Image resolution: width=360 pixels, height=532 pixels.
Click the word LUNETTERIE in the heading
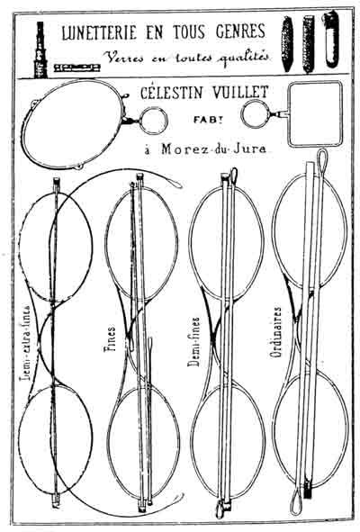click(99, 32)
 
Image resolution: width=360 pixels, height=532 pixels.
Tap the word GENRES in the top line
click(240, 31)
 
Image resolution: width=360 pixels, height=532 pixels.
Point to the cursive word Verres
click(124, 58)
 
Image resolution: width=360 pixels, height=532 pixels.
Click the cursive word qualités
click(244, 59)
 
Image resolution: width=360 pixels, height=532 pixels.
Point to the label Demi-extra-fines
click(26, 343)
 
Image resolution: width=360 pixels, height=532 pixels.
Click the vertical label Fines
click(109, 339)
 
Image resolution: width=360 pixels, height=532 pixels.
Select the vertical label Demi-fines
click(193, 342)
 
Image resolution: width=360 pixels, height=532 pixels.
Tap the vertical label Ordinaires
click(276, 332)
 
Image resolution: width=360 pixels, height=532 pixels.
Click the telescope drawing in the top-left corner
click(40, 50)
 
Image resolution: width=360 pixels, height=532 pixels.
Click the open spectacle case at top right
click(331, 39)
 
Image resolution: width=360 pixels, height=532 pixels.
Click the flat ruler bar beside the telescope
click(77, 68)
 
